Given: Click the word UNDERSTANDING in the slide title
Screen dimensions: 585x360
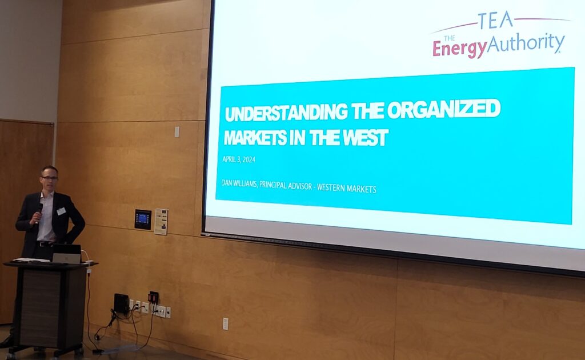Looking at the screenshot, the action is click(286, 112).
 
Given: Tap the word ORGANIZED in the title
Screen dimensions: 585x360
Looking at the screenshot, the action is click(443, 109).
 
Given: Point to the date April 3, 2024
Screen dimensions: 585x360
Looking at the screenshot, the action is click(239, 159).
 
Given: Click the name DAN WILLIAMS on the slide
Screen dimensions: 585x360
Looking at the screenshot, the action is click(239, 183).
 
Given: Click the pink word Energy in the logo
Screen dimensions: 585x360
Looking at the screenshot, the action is click(460, 49).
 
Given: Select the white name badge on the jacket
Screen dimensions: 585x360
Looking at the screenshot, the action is click(61, 211).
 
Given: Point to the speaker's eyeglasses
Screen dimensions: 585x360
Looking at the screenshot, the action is click(50, 178).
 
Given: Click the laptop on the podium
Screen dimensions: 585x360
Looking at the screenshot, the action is click(67, 254).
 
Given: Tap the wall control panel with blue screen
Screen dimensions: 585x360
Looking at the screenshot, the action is click(143, 219).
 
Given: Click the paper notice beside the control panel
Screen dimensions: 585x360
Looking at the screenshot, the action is click(161, 222).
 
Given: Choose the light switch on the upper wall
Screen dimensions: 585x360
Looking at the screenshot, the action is click(177, 131).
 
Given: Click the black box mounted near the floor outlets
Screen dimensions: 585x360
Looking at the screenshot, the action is click(121, 303).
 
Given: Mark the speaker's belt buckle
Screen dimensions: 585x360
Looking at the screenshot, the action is click(42, 244).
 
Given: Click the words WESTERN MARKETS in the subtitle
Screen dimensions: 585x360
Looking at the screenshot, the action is click(347, 189).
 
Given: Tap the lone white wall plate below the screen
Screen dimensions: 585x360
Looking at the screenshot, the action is click(225, 324).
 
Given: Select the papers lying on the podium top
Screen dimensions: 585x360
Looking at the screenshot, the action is click(27, 260).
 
